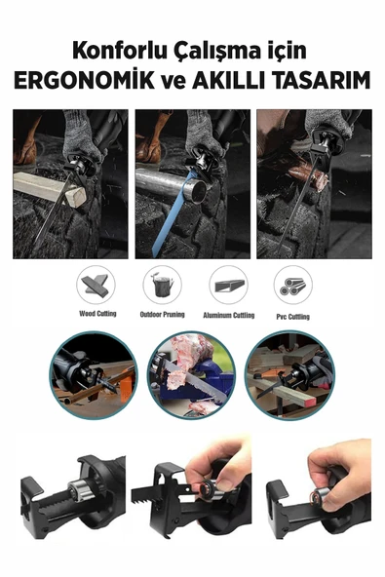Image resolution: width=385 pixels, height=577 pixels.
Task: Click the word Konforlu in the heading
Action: coord(119,51)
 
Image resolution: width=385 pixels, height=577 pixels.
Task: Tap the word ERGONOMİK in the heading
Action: coord(84,80)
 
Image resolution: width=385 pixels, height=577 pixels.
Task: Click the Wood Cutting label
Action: coord(97,314)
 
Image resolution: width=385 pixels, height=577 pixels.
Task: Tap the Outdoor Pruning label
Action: coord(163,314)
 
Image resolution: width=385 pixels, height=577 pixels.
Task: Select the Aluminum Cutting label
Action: coord(229,315)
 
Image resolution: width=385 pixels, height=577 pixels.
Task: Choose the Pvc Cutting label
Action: coord(292,317)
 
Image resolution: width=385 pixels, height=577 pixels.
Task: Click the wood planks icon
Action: coord(96,285)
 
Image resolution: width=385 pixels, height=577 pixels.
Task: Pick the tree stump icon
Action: coord(163,286)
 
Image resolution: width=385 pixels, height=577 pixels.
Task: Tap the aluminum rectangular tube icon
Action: coord(229,286)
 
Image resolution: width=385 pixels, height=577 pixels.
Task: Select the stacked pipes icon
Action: coord(292,286)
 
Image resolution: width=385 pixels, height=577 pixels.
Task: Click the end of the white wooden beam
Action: coord(76,195)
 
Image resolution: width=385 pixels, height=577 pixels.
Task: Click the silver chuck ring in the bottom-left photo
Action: coord(76,491)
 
